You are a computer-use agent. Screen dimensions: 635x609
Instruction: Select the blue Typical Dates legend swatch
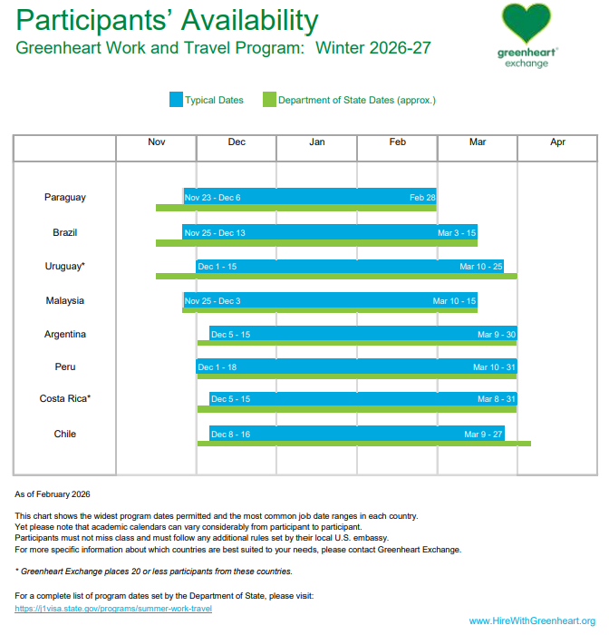point(176,100)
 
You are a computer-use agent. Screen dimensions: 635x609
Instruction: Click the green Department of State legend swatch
point(268,100)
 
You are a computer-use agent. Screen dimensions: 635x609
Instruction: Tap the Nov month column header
point(156,142)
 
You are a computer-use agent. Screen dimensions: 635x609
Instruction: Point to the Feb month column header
point(397,142)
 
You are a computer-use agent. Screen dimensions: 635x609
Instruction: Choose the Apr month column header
point(557,142)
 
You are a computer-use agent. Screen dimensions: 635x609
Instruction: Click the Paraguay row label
point(64,197)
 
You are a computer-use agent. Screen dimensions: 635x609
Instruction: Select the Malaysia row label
point(64,300)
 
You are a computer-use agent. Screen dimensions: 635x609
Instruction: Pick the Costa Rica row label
point(64,398)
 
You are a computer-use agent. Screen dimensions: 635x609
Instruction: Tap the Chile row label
point(64,434)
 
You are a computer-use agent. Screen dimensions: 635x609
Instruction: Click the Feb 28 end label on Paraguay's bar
point(422,197)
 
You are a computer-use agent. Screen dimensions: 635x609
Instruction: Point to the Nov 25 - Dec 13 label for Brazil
point(215,233)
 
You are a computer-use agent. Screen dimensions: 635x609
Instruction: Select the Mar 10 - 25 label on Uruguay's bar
point(480,267)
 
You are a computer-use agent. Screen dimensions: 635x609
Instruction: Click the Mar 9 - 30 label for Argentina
point(496,335)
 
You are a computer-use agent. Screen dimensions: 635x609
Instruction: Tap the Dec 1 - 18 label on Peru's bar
point(217,367)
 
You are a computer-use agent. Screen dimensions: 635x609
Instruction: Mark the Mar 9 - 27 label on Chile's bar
point(483,435)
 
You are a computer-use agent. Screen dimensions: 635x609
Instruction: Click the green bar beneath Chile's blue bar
point(363,444)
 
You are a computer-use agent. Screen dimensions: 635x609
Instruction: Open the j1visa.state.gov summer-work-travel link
point(113,609)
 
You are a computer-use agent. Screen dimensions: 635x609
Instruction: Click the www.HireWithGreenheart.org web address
point(531,620)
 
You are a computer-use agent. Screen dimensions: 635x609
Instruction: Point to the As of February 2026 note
point(53,494)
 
